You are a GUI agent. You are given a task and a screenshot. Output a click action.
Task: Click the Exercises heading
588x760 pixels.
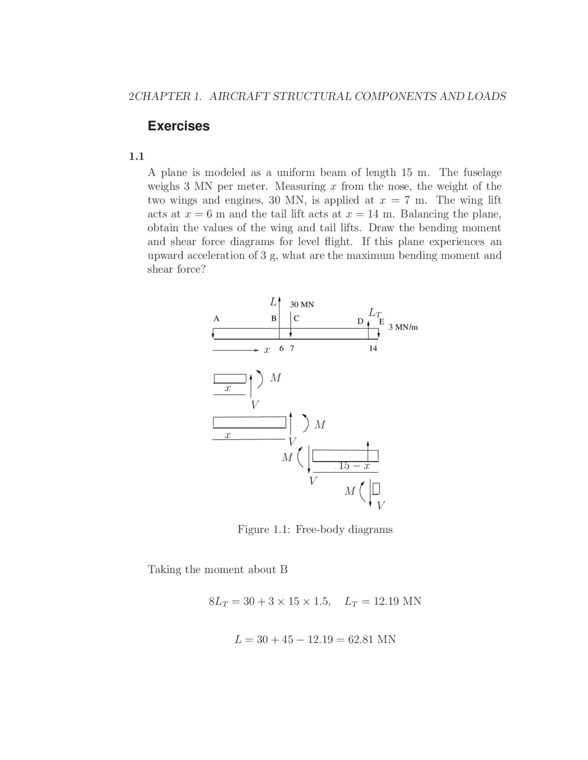[178, 126]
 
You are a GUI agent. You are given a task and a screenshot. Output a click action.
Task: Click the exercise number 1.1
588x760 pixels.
[136, 156]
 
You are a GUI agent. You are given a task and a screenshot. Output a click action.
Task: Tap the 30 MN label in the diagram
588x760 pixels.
[302, 304]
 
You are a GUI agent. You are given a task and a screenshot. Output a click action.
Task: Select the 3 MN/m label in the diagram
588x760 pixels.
[403, 327]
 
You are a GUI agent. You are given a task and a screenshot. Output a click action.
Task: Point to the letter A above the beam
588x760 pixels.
[216, 318]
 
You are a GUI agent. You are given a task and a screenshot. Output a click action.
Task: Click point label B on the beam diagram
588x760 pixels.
[273, 318]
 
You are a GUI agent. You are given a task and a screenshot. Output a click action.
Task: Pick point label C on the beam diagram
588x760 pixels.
[296, 318]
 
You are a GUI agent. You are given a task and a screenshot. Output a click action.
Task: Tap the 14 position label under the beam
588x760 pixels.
[373, 348]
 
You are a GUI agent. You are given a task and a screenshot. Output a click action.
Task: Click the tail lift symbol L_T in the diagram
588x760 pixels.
[375, 313]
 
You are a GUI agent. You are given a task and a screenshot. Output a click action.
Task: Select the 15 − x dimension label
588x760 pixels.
[354, 466]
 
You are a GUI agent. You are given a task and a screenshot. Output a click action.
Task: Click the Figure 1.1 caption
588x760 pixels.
[315, 529]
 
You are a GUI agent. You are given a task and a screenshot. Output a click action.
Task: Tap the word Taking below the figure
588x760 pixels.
[164, 570]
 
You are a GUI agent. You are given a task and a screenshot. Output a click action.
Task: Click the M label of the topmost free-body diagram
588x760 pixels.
[276, 378]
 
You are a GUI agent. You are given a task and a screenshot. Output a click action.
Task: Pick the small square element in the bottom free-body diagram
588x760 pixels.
[376, 489]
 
